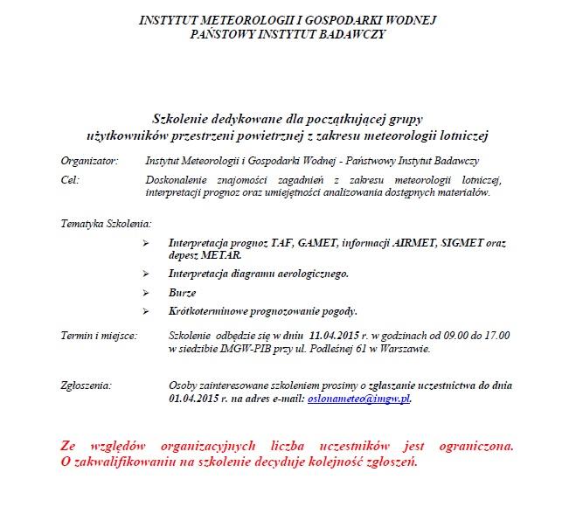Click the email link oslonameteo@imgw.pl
[359, 398]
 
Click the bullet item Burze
[182, 292]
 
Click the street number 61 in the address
[355, 348]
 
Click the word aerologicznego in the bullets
[310, 273]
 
